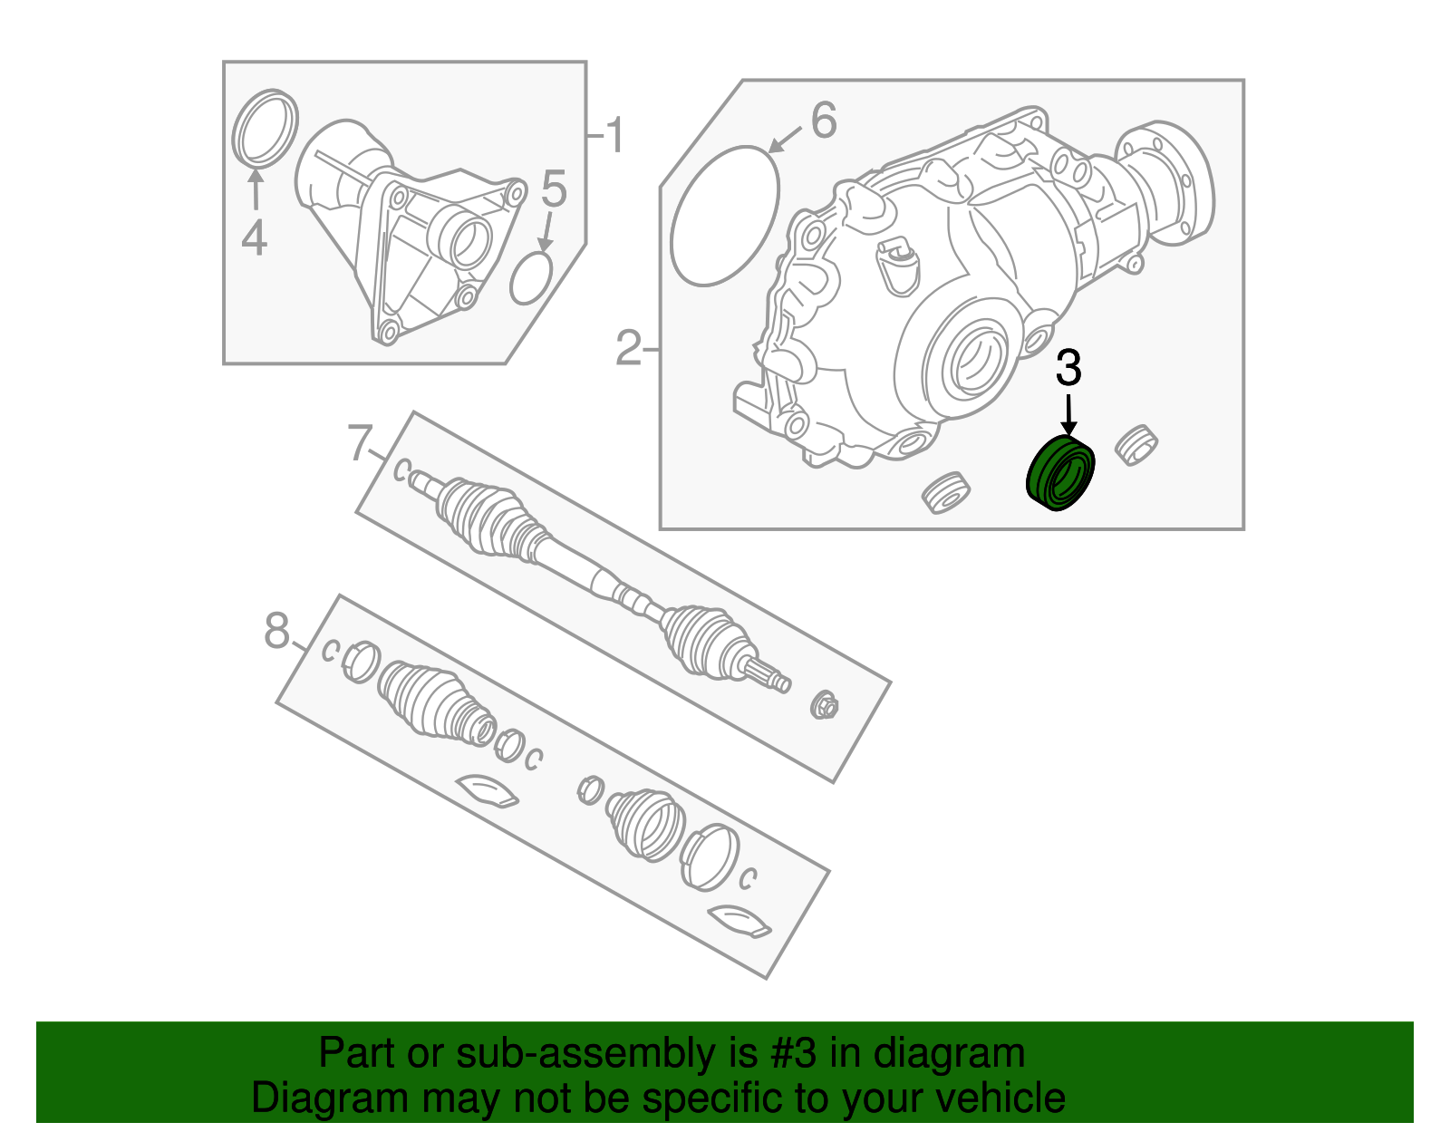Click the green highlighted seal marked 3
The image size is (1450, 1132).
tap(1061, 472)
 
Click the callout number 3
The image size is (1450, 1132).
tap(1068, 369)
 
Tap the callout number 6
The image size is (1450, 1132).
tap(823, 121)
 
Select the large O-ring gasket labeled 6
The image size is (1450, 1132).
tap(725, 216)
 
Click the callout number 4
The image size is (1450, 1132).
tap(255, 237)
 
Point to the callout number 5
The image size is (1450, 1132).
tap(553, 189)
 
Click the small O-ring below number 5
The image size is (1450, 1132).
tap(531, 278)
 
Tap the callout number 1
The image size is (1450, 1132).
tap(614, 136)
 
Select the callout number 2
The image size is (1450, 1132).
tap(628, 348)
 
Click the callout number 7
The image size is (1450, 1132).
tap(360, 444)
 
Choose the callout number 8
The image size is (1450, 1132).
tap(276, 630)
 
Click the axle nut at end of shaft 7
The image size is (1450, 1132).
tap(825, 704)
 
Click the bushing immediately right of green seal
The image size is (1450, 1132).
tap(1135, 444)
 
